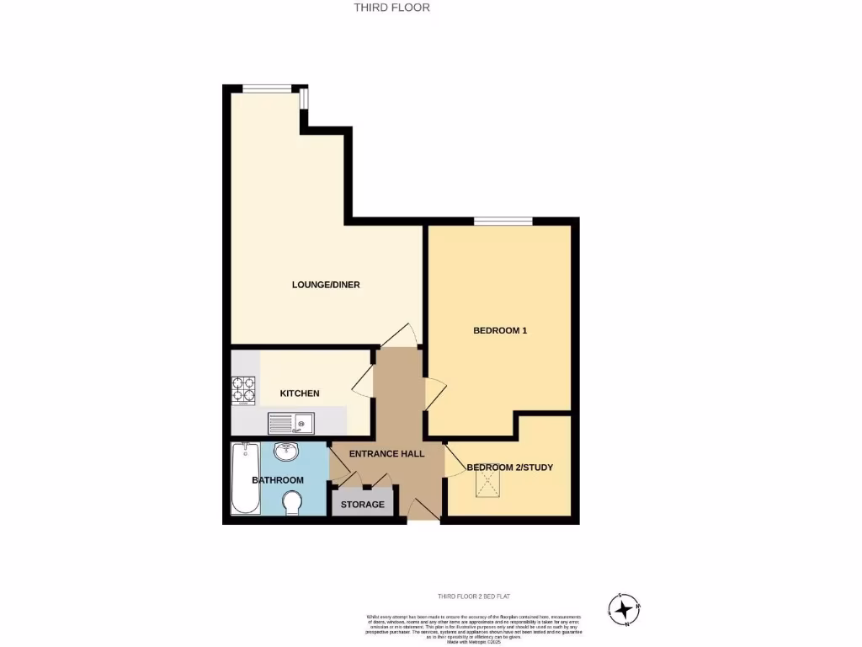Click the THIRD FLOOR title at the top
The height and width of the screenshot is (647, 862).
point(391,8)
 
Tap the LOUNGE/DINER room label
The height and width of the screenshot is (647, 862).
point(326,285)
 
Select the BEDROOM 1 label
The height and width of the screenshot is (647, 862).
point(500,330)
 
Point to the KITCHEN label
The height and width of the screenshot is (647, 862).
point(300,393)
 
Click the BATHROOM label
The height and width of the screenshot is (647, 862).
point(278,480)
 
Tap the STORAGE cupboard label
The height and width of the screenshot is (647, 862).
point(363,505)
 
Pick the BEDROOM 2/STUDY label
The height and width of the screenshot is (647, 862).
point(510,467)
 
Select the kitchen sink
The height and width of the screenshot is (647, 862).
point(291,422)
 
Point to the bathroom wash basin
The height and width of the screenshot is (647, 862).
point(287,452)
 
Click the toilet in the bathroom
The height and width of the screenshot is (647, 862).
point(292,503)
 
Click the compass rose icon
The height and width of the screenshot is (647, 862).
point(624,610)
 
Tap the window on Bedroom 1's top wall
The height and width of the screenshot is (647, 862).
point(503,221)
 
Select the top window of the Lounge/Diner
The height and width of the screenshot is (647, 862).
point(269,88)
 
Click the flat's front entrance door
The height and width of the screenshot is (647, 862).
point(423,509)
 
